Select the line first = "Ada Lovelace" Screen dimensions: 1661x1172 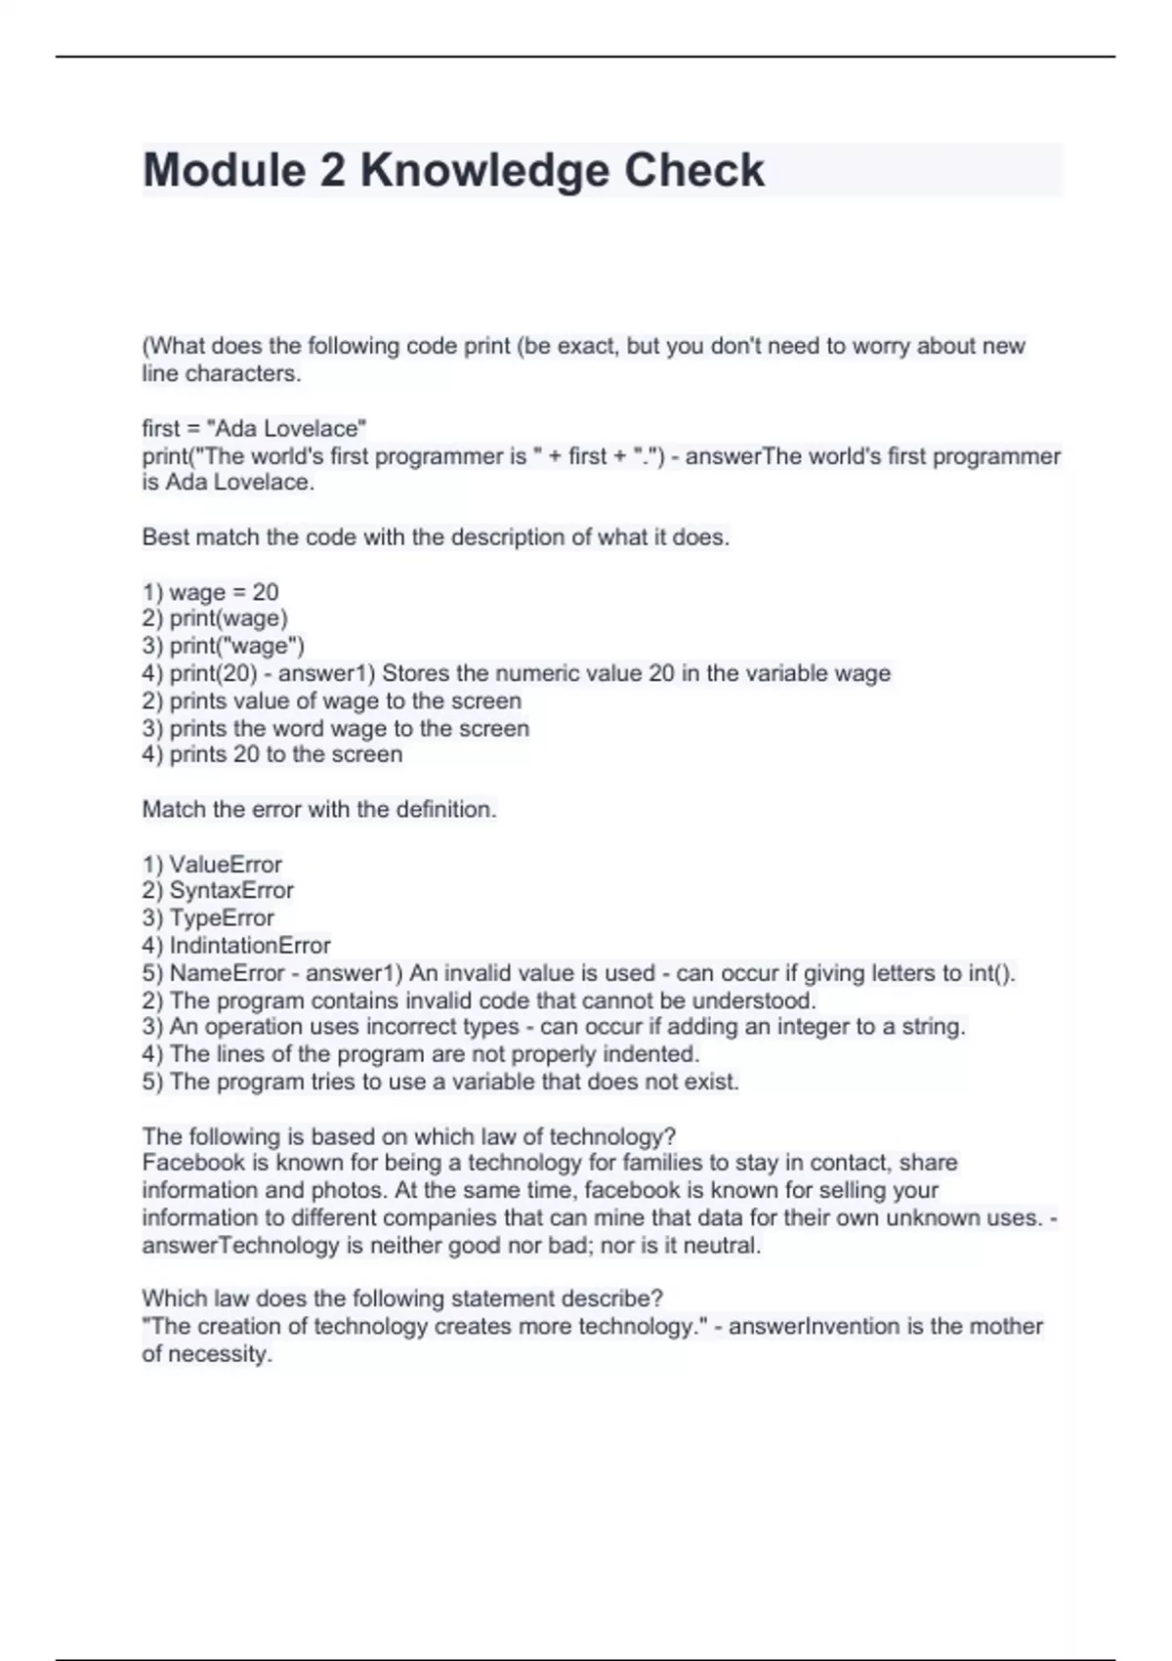pos(254,428)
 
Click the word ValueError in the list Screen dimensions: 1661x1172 pos(226,865)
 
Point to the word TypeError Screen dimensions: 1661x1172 pos(222,918)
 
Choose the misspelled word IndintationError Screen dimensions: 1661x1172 pos(250,946)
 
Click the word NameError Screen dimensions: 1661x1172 pos(227,973)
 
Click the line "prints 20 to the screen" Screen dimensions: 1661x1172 pos(272,754)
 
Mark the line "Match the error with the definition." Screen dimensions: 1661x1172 pos(319,810)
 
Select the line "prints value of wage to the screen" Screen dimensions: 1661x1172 pos(332,701)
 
